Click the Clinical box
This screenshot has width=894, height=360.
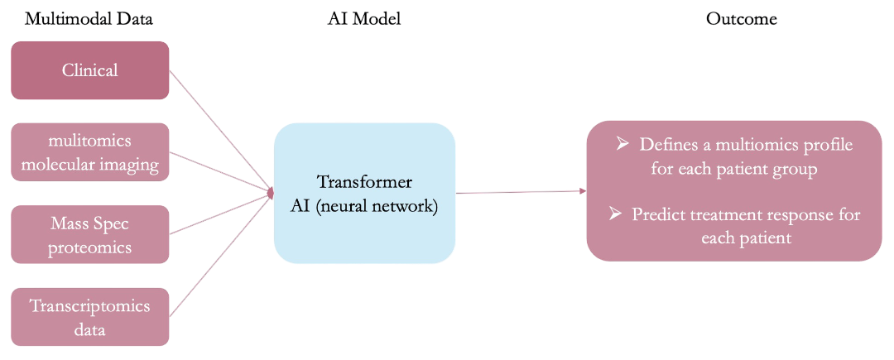point(89,70)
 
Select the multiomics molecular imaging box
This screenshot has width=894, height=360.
point(89,152)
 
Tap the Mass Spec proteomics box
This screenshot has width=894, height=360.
point(89,235)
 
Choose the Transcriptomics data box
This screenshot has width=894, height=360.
point(89,317)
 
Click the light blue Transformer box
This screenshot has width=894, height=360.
point(364,193)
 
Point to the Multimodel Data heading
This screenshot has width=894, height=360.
point(89,18)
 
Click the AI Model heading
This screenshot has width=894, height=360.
point(364,18)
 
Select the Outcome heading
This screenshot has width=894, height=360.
point(741,18)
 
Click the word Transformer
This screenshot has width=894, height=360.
point(364,182)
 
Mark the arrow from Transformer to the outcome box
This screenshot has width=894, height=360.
point(521,192)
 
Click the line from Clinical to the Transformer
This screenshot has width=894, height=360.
point(219,128)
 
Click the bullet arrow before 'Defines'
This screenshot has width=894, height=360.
point(622,144)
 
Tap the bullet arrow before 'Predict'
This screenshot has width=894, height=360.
point(615,214)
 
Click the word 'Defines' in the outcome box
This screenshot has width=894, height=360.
point(666,145)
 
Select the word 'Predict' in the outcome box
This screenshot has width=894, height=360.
point(657,214)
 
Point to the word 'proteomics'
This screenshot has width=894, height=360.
point(89,247)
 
